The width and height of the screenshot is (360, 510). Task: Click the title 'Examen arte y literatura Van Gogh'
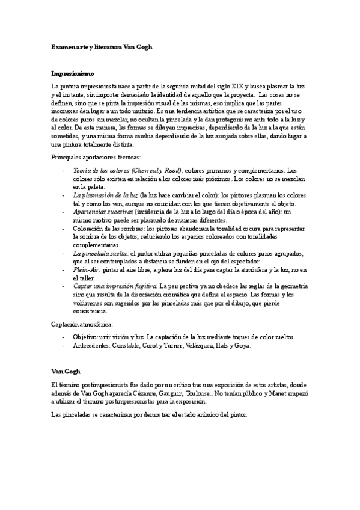103,46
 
